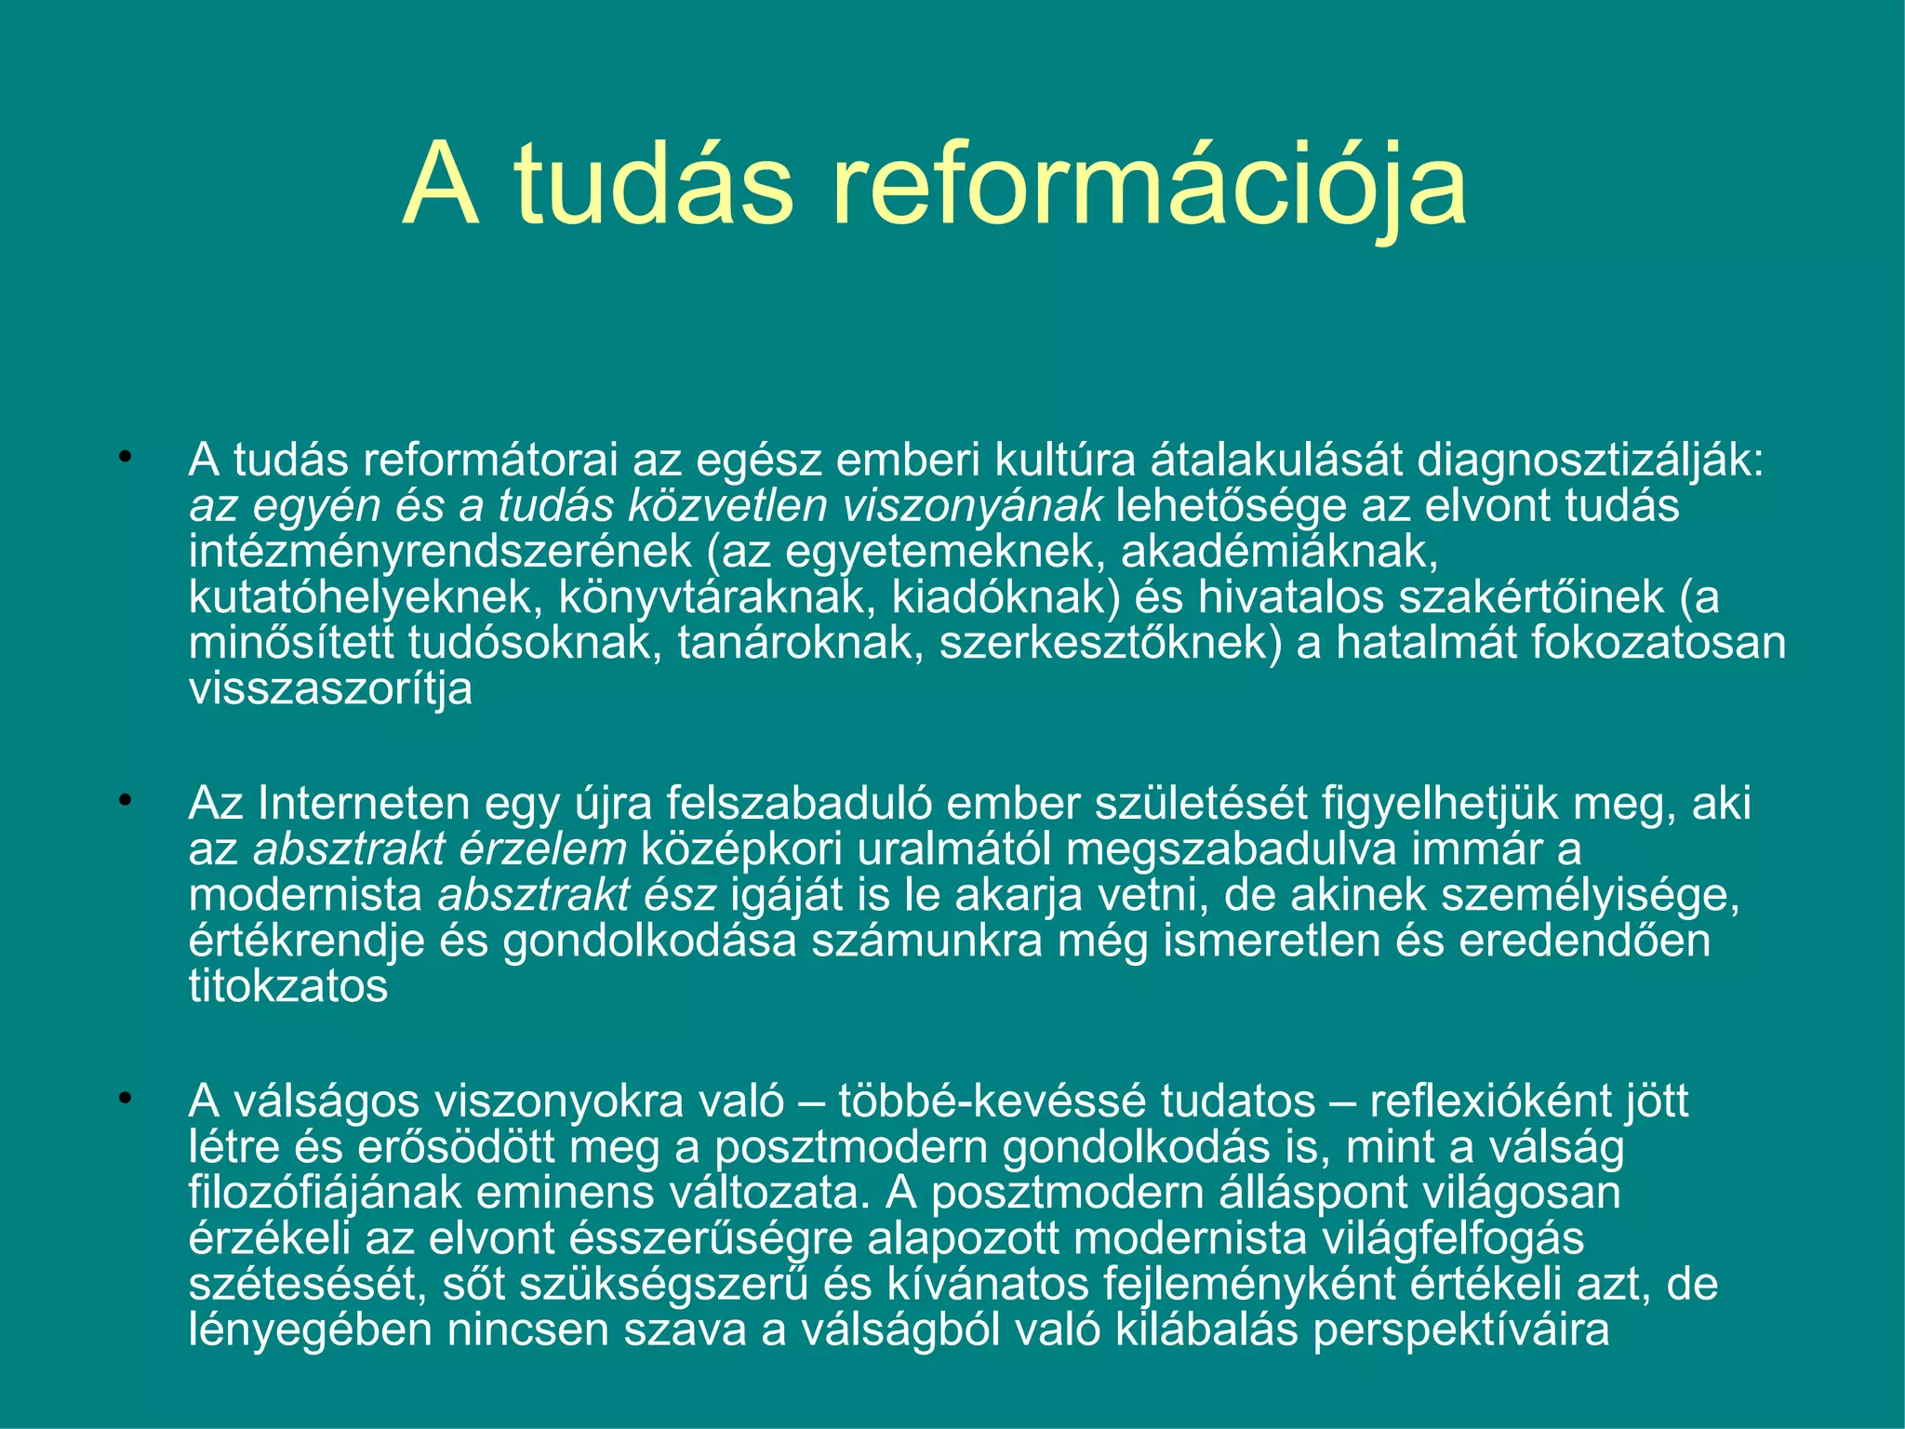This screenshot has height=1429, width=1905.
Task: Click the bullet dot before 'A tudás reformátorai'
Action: (x=125, y=458)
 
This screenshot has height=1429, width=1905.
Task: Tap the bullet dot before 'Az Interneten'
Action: (x=125, y=800)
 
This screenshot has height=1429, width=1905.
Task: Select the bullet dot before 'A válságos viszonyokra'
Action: (x=125, y=1099)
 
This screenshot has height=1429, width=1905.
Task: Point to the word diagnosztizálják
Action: (x=1590, y=461)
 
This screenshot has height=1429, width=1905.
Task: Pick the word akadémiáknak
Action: (x=1279, y=552)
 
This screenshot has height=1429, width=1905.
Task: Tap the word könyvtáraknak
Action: (x=717, y=597)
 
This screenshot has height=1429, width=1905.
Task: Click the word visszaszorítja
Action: (x=330, y=689)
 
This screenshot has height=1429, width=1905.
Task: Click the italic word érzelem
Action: (x=549, y=849)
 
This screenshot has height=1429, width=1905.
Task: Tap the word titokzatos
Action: (x=288, y=986)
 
